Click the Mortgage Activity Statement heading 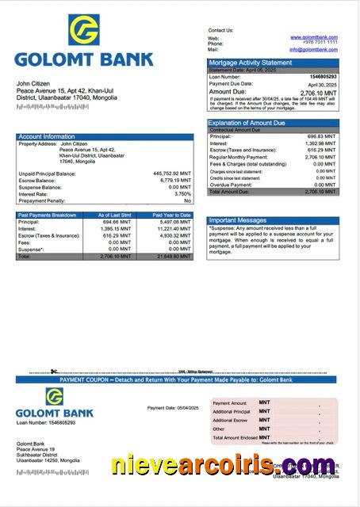(250, 63)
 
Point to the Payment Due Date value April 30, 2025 (323, 84)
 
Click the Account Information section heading (47, 136)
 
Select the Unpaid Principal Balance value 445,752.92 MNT (172, 173)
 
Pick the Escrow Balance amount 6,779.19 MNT (174, 180)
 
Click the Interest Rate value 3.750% (182, 193)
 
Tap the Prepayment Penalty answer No (187, 200)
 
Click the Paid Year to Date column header (171, 215)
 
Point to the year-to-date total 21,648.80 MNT (174, 257)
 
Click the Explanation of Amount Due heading (247, 123)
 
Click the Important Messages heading (238, 219)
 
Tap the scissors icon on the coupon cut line (52, 372)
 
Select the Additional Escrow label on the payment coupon (232, 420)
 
